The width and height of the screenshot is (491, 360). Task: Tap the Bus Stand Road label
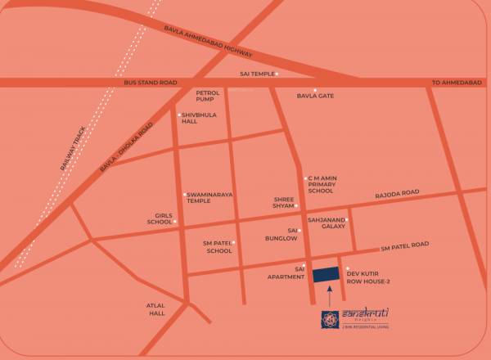point(151,83)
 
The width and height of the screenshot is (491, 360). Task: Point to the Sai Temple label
point(255,74)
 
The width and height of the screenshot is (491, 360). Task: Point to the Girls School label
point(160,218)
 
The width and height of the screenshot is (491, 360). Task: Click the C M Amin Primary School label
point(321,185)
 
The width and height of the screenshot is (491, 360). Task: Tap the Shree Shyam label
point(283,202)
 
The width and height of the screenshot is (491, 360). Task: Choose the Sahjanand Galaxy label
point(325,224)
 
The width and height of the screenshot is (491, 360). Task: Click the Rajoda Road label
point(397,193)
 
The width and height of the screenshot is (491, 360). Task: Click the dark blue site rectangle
point(327,275)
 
